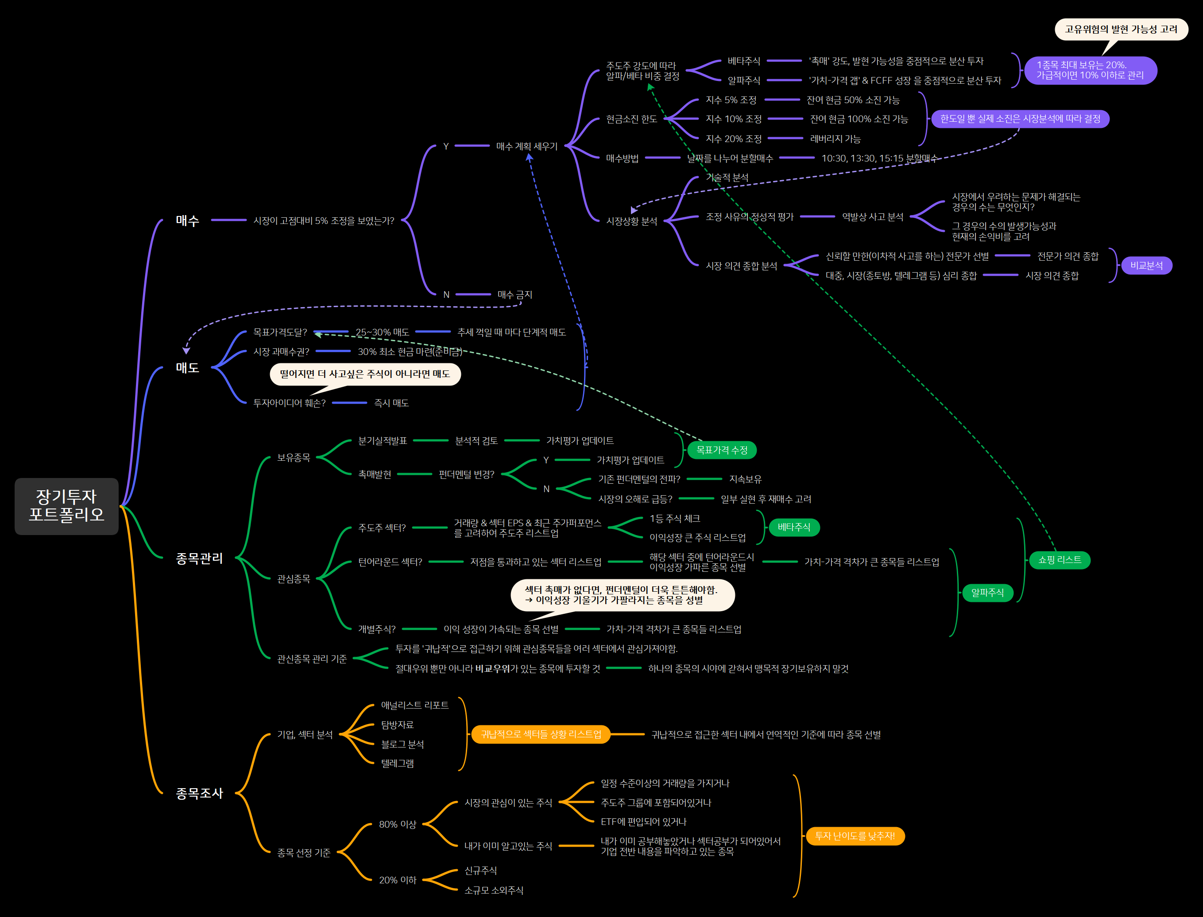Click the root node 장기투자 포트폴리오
pyautogui.click(x=66, y=506)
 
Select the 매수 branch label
pyautogui.click(x=187, y=220)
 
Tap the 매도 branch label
pyautogui.click(x=187, y=368)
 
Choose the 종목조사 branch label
pyautogui.click(x=199, y=793)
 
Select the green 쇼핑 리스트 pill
pyautogui.click(x=1060, y=560)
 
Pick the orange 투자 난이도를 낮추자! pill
pyautogui.click(x=855, y=836)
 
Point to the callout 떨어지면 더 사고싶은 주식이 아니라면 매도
pyautogui.click(x=365, y=374)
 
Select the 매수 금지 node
pyautogui.click(x=514, y=295)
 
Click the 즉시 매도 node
pyautogui.click(x=391, y=403)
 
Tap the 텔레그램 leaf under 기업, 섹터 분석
pyautogui.click(x=397, y=763)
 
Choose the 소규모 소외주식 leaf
pyautogui.click(x=494, y=890)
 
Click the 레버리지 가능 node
pyautogui.click(x=835, y=139)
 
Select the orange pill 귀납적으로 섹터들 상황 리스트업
pyautogui.click(x=541, y=735)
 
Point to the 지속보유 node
pyautogui.click(x=745, y=479)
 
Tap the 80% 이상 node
pyautogui.click(x=398, y=824)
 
